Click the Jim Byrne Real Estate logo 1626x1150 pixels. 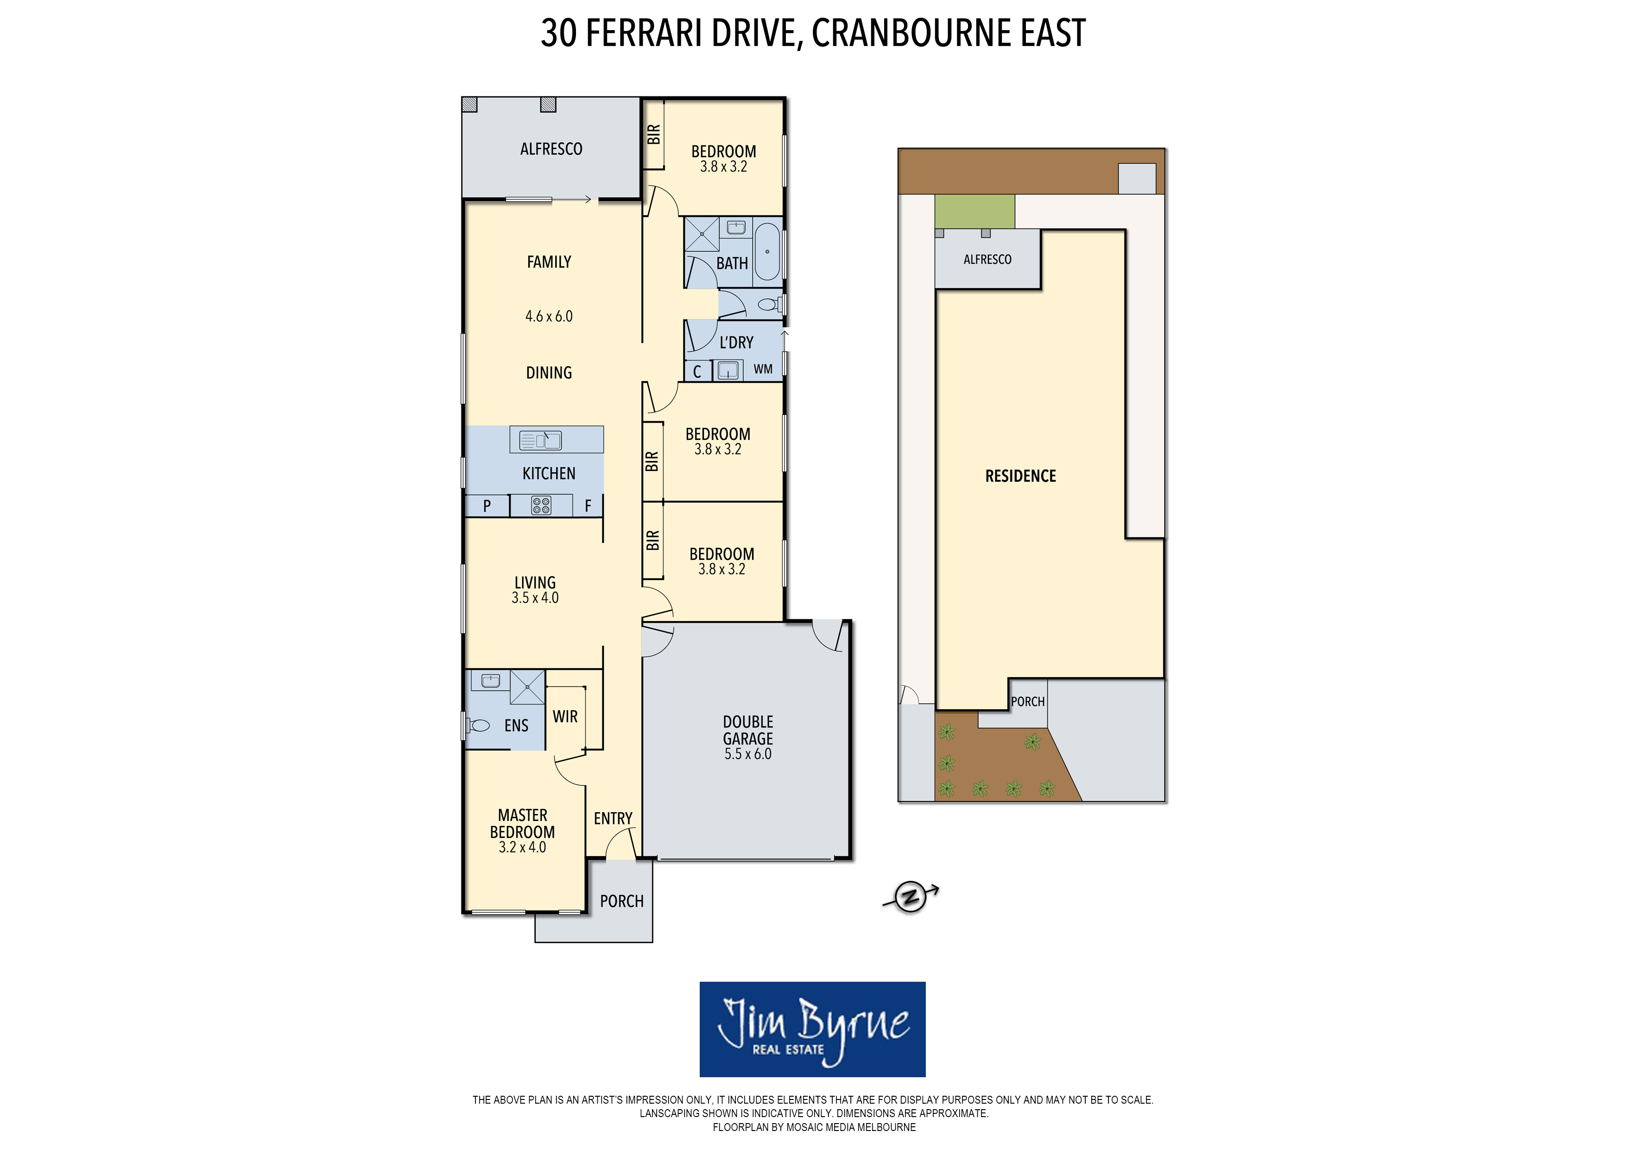click(x=812, y=1029)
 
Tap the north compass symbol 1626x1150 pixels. click(x=910, y=896)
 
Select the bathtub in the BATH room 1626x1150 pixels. click(x=767, y=252)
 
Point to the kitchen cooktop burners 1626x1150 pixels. click(x=541, y=505)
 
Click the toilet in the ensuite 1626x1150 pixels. click(x=478, y=725)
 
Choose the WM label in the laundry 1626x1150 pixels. click(x=763, y=369)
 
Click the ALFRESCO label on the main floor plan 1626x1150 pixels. click(x=551, y=149)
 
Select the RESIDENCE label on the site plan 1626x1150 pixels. click(x=1020, y=476)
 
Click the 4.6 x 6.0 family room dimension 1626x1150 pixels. click(x=549, y=316)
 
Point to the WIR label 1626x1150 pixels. click(x=565, y=716)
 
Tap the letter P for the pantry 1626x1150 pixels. click(x=487, y=506)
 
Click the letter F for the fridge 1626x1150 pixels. click(x=588, y=506)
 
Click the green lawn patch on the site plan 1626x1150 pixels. click(x=974, y=211)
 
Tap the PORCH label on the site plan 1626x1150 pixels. click(x=1028, y=701)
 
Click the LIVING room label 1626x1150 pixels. click(x=535, y=583)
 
